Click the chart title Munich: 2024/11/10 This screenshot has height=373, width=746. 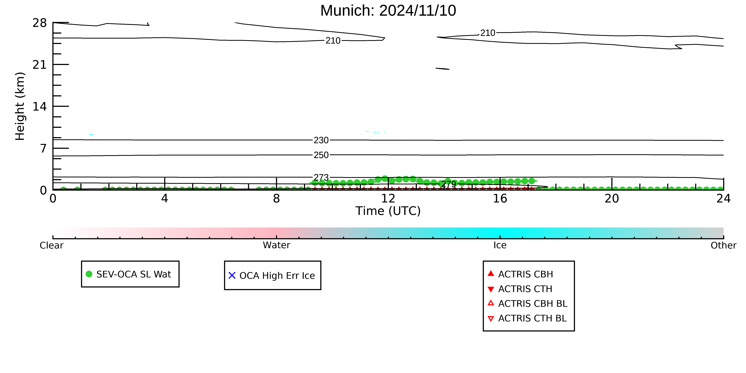388,11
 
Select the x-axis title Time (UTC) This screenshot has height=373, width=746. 388,211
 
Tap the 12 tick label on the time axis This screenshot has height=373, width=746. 388,199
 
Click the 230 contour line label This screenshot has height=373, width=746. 321,140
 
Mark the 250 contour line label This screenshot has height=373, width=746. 321,155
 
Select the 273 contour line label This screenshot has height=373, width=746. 321,177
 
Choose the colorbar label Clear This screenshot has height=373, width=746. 52,245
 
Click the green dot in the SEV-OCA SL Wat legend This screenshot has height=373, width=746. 89,274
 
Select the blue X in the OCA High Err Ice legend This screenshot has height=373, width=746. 232,275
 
